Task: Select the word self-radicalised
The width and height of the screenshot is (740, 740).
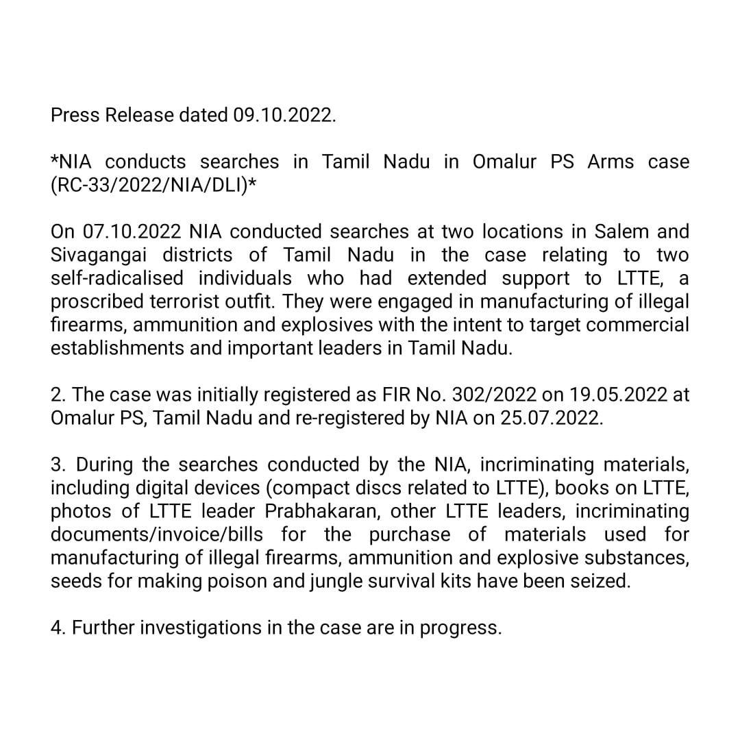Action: click(117, 278)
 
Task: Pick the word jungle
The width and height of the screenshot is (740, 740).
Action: click(327, 581)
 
